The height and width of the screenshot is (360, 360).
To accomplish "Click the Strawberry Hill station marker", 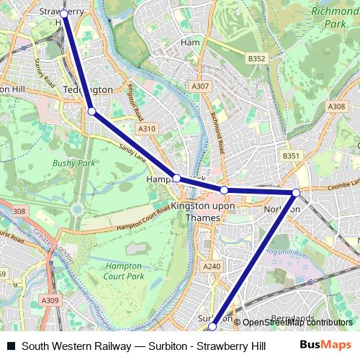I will coord(64,14).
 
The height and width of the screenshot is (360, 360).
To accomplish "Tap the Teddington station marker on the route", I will coord(91,111).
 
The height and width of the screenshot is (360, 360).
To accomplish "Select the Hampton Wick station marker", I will coord(176,178).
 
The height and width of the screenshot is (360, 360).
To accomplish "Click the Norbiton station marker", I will coord(296,192).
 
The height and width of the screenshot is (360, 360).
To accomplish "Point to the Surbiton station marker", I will coord(212,327).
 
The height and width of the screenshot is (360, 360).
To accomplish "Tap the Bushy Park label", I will coord(73,163).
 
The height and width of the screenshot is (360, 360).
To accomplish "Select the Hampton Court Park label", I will coord(123,271).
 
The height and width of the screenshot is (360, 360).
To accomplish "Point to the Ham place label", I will coord(190,42).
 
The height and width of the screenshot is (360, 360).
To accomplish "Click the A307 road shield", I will coord(200,86).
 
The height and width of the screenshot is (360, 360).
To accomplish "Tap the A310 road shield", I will coord(147,129).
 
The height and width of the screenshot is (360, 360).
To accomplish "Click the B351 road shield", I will coord(291,156).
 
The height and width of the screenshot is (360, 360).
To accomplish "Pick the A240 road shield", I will coord(212,266).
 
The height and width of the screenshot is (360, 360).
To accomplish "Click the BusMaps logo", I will coord(325,346).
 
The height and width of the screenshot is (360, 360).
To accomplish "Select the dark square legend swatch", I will coord(11,346).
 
